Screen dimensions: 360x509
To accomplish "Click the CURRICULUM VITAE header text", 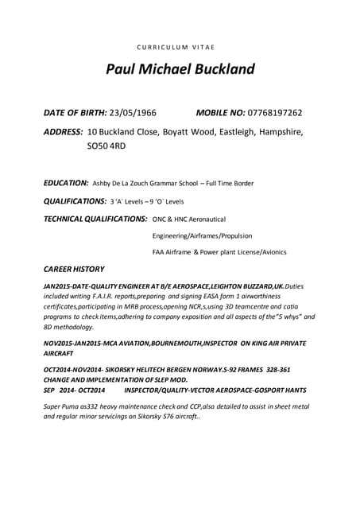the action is point(180,47).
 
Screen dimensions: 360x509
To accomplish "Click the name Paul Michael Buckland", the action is point(180,70).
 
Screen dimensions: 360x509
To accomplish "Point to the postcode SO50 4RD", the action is point(106,146).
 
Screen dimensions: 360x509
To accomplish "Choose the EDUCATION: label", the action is point(66,183).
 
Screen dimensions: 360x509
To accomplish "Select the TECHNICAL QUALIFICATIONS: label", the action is point(95,218).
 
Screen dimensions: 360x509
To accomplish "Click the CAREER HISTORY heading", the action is point(74,269).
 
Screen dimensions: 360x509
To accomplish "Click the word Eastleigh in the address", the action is point(222,131).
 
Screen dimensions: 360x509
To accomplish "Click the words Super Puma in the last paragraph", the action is point(63,406).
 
